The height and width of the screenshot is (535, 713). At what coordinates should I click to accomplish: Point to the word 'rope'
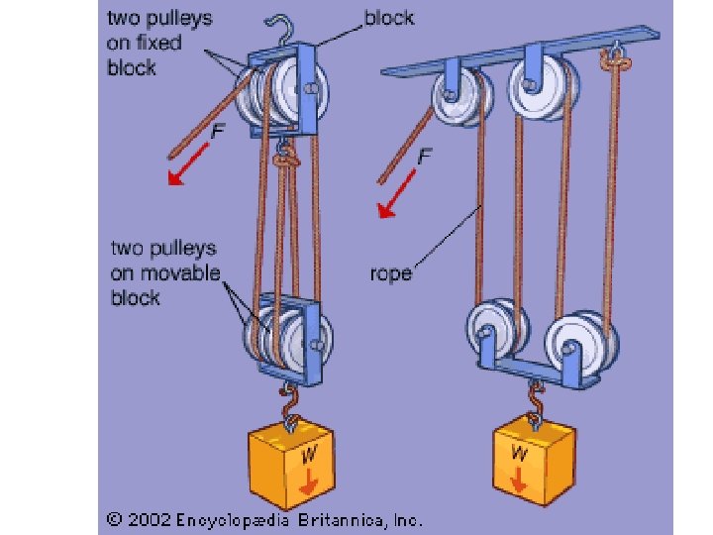click(x=391, y=272)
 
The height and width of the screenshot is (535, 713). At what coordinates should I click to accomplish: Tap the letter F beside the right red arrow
click(x=424, y=156)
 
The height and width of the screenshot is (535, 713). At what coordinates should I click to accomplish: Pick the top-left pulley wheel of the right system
click(x=457, y=95)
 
